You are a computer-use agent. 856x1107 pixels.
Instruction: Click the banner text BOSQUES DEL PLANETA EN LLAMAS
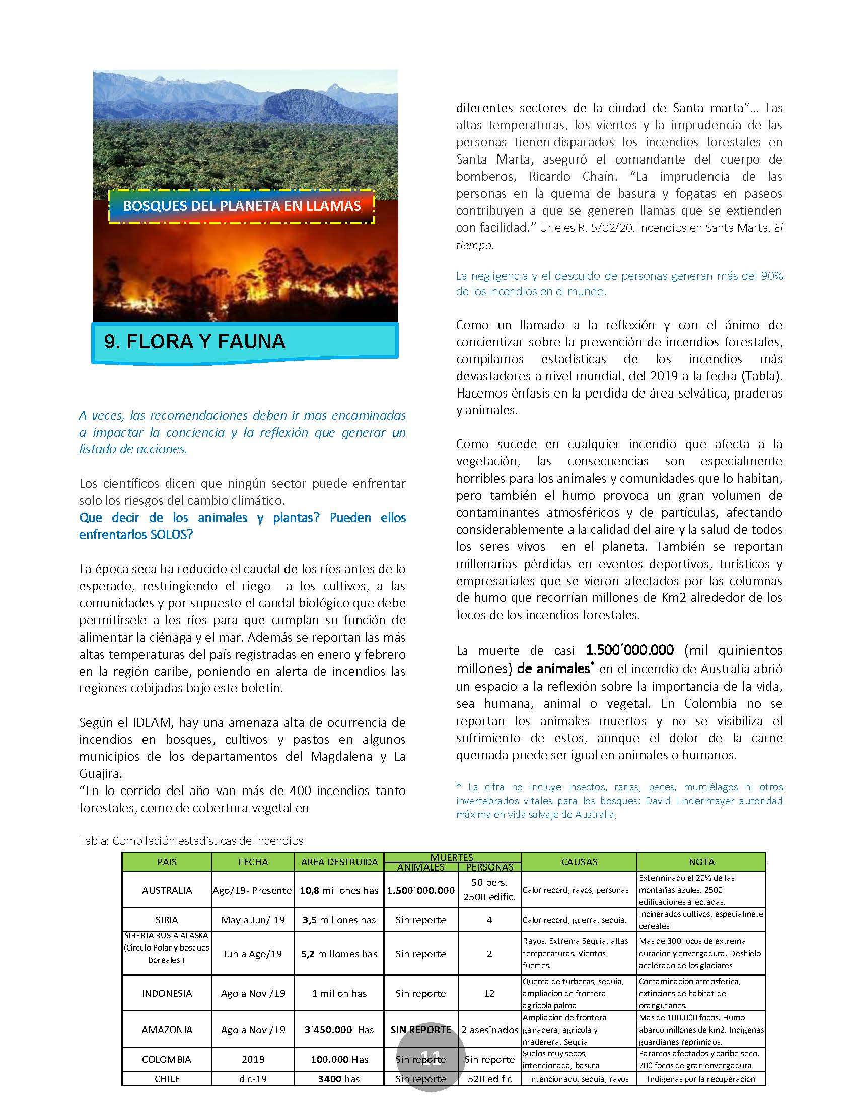[x=242, y=206]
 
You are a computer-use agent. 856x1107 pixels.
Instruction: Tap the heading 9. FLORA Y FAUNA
[x=195, y=342]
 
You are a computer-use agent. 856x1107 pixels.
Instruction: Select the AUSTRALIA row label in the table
[x=167, y=890]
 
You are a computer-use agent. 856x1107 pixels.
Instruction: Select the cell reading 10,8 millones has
[x=339, y=890]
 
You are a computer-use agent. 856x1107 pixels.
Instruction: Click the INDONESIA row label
[x=167, y=993]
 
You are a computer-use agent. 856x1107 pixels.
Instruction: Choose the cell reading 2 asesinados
[x=489, y=1030]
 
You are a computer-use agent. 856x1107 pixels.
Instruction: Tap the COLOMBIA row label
[x=167, y=1059]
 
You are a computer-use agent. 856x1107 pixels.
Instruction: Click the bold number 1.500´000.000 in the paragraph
[x=630, y=650]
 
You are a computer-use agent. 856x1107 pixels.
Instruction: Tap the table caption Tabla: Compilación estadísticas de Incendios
[x=191, y=841]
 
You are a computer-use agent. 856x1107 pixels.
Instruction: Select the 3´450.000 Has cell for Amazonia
[x=339, y=1030]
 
